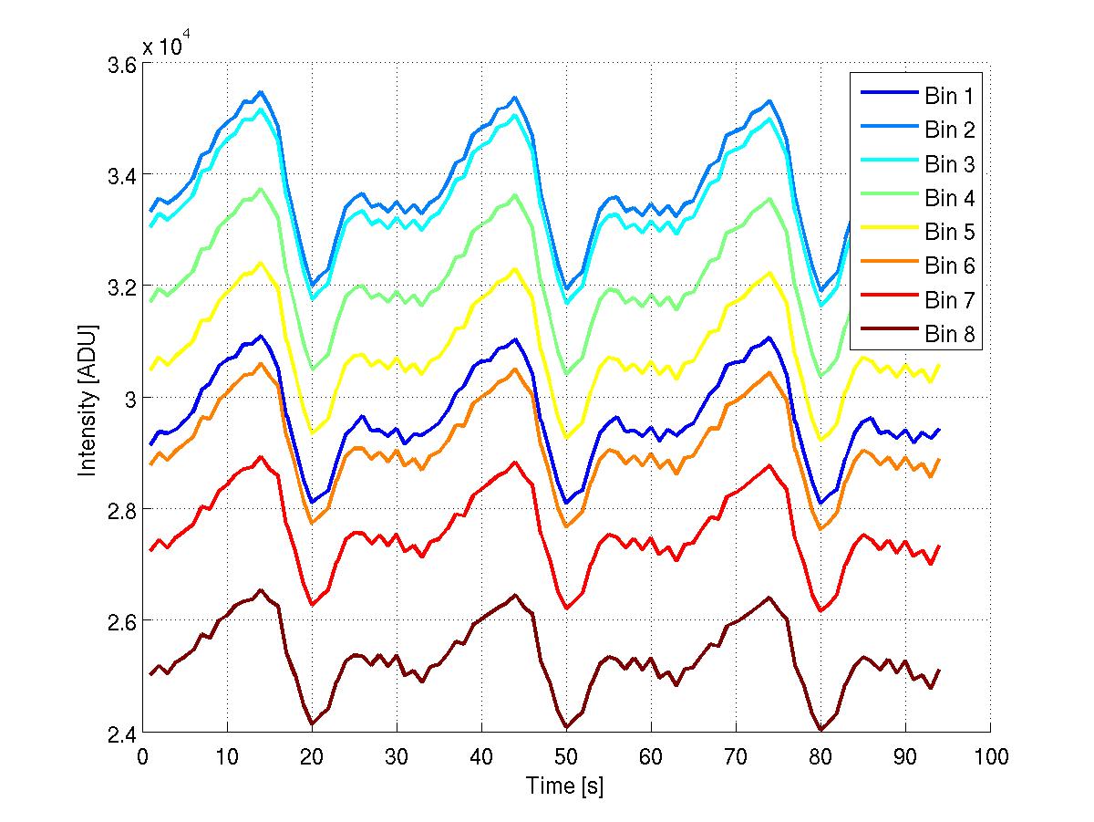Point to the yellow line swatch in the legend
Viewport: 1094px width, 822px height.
887,233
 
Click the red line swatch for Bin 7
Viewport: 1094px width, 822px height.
887,301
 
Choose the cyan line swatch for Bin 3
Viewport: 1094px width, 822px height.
887,164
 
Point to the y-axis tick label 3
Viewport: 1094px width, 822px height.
131,399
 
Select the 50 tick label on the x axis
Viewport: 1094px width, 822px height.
566,757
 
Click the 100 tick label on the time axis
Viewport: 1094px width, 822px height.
990,757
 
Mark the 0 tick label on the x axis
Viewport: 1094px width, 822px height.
143,757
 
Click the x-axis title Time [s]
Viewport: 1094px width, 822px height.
565,786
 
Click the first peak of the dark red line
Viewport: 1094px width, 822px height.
261,590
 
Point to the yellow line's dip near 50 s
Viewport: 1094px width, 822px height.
566,437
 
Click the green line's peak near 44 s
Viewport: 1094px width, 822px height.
515,194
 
